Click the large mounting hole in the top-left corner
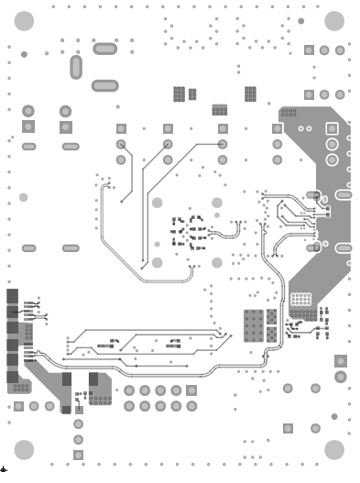26,20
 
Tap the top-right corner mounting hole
333,20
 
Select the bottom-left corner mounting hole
26,448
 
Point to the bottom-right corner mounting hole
333,448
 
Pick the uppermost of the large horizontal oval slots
104,49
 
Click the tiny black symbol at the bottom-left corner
5,468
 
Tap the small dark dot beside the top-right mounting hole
301,20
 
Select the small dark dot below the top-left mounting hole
24,54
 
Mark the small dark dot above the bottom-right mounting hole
334,417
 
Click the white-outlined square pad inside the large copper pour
315,196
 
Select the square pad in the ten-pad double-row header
191,390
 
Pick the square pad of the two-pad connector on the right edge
341,360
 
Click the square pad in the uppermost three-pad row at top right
309,49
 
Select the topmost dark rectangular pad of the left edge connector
12,295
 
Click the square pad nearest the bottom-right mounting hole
288,428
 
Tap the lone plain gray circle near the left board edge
24,197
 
